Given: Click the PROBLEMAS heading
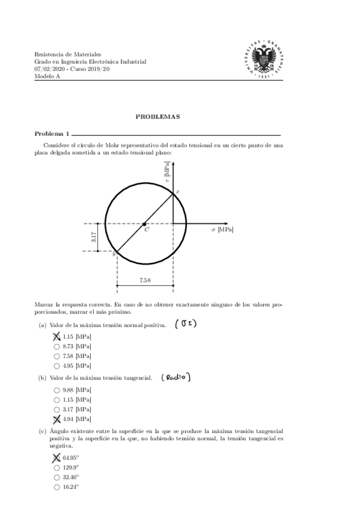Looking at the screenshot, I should [x=157, y=117].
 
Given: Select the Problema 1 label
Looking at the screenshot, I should [x=52, y=134].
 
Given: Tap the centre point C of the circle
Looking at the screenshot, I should [x=145, y=224].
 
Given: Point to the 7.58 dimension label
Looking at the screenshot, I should [x=145, y=280].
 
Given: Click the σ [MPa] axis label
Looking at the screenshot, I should [x=222, y=229].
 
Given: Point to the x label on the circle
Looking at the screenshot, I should [x=177, y=191].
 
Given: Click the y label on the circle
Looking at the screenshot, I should [x=113, y=254].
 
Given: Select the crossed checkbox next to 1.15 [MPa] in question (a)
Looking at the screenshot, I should [x=56, y=337].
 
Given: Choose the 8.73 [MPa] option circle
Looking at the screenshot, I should [x=56, y=346].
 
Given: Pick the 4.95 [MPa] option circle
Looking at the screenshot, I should [x=56, y=365].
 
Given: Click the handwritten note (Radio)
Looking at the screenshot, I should [x=175, y=378].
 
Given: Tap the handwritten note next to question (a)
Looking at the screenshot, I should [x=186, y=325].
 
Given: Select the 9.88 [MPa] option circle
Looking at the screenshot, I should [x=56, y=390].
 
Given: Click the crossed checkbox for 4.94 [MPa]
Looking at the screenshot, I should [x=56, y=419].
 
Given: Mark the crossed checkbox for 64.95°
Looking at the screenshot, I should [x=56, y=458].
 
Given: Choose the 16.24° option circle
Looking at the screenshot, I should [x=56, y=487].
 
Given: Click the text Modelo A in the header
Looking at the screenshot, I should [x=47, y=76].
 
